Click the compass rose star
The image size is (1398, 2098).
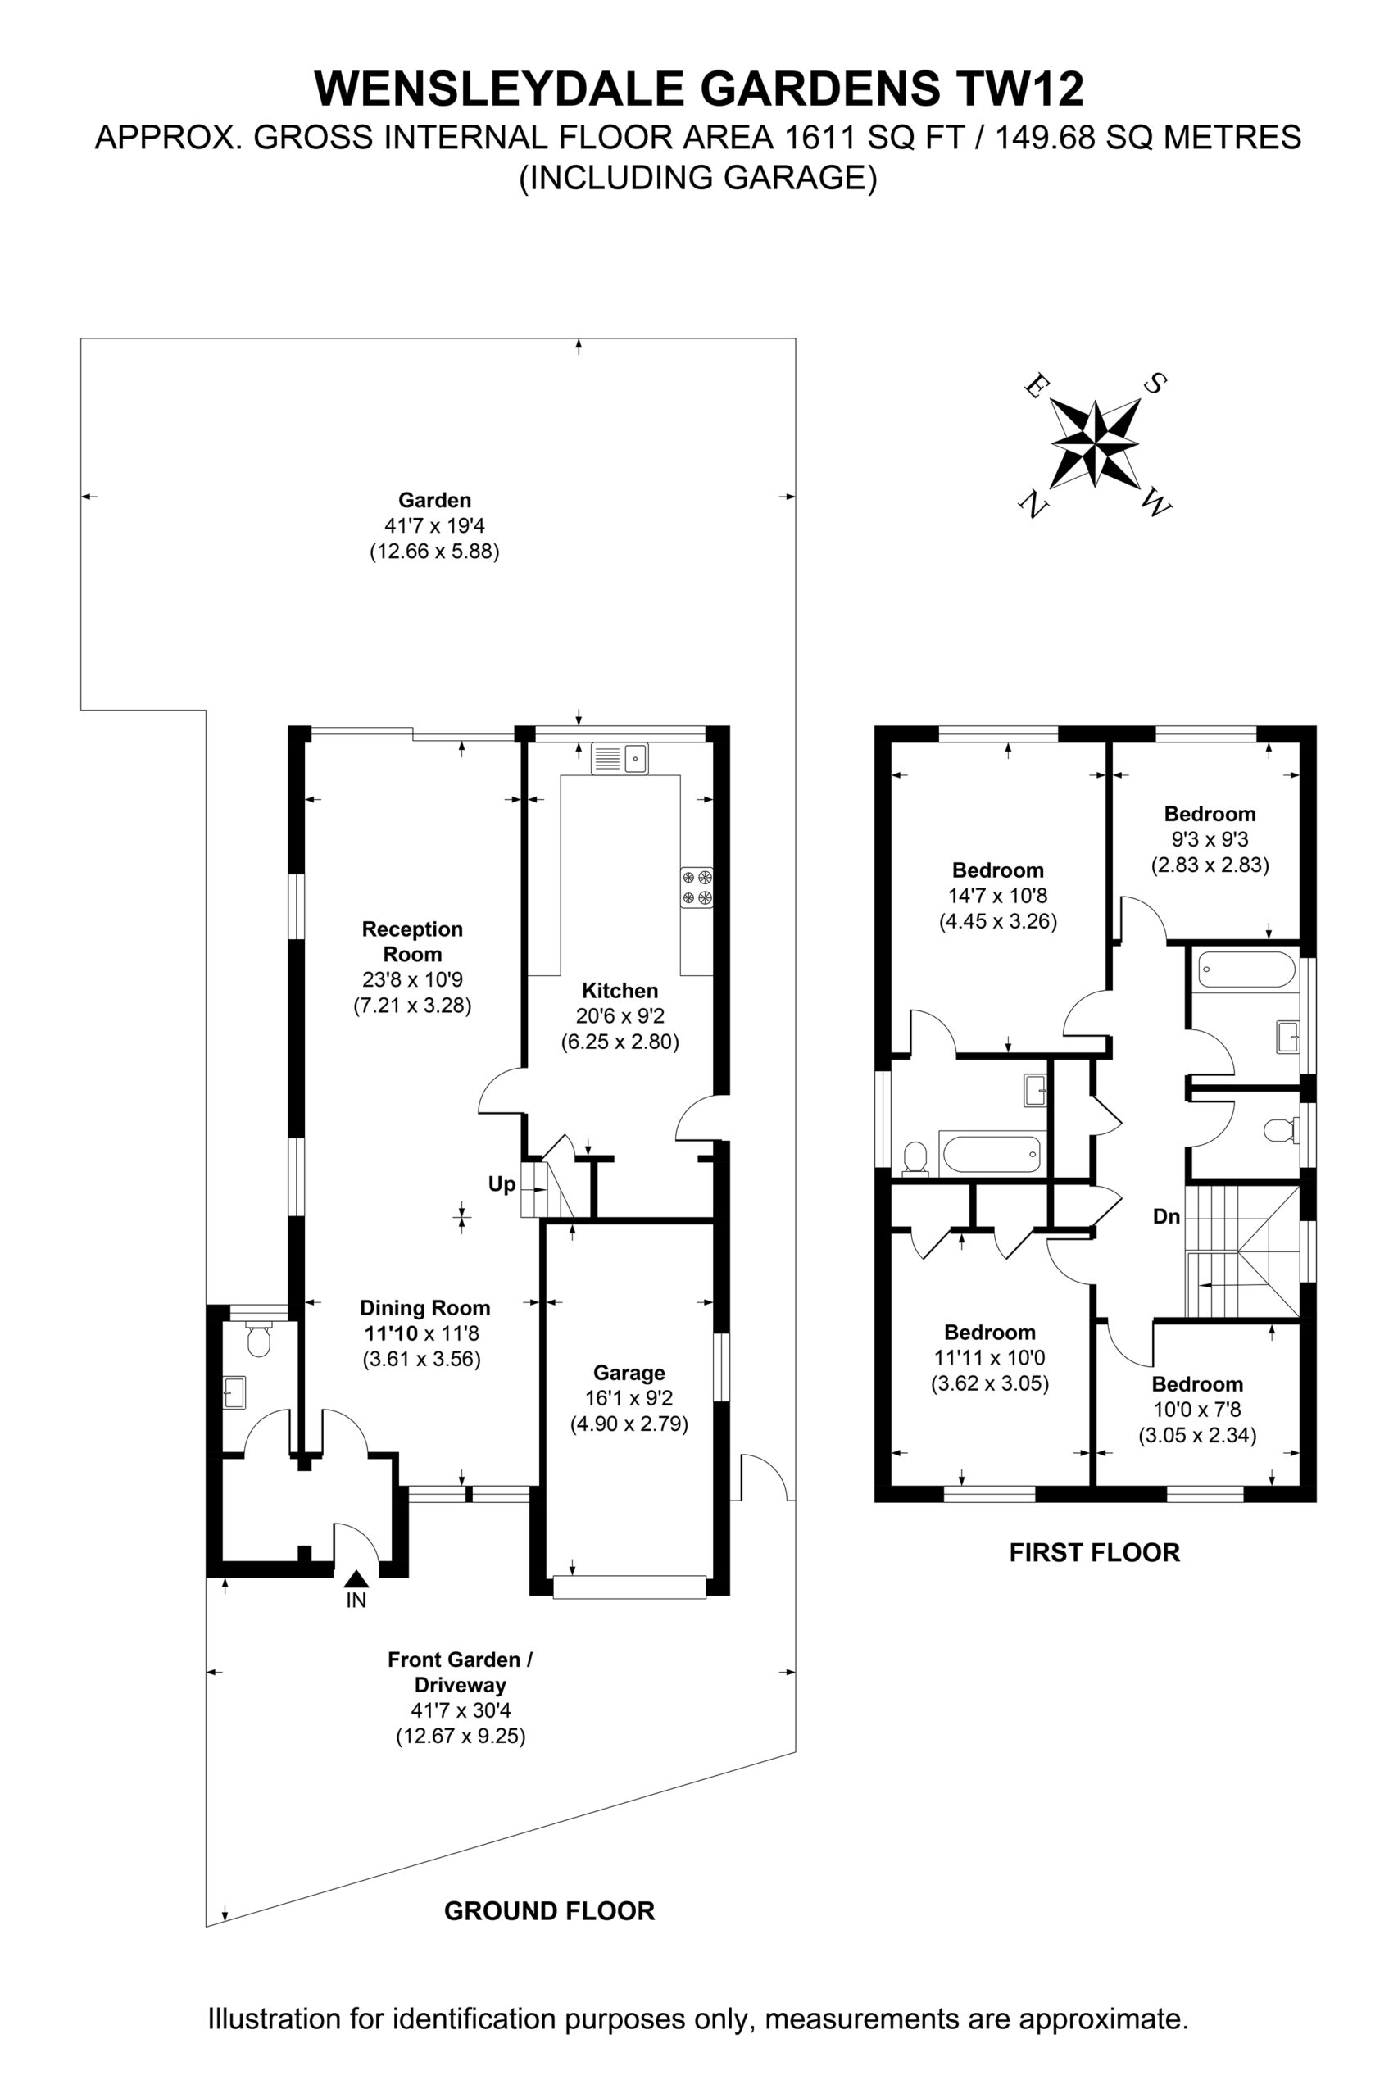click(1095, 443)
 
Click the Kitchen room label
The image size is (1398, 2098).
click(620, 990)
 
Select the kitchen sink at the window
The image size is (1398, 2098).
click(620, 759)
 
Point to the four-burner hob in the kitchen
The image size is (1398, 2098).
click(697, 888)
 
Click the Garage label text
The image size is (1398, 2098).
click(629, 1372)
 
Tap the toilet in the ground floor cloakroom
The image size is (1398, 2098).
click(259, 1340)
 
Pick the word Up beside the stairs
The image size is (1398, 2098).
click(502, 1184)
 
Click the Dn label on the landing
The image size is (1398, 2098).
click(1167, 1216)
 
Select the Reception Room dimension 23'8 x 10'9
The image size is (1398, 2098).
click(413, 979)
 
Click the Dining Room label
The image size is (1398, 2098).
click(425, 1308)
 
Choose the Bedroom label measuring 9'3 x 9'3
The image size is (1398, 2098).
click(1210, 813)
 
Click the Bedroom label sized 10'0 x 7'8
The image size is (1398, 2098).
click(1197, 1384)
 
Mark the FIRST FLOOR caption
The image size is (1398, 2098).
click(1095, 1552)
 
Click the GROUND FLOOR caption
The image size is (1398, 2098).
click(549, 1910)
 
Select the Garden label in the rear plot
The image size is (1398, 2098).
click(435, 500)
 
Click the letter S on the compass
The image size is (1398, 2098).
click(1155, 384)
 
